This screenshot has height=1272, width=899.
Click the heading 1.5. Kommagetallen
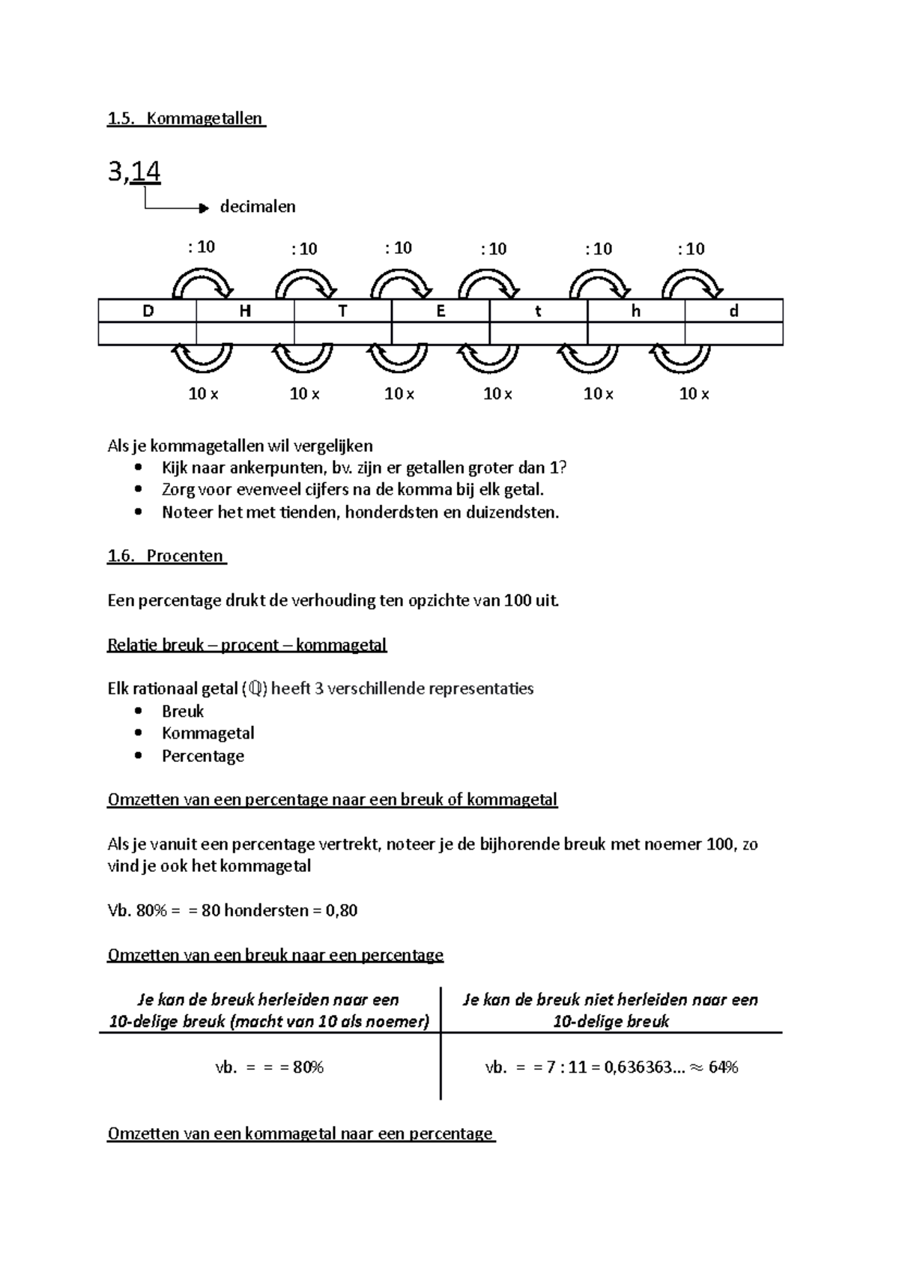point(186,118)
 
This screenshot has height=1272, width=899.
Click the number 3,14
point(134,172)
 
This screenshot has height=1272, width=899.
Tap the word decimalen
point(258,207)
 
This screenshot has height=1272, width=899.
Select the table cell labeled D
point(148,311)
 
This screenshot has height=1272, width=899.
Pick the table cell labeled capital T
point(342,311)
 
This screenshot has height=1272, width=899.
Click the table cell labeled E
point(441,311)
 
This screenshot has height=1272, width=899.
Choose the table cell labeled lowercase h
point(635,311)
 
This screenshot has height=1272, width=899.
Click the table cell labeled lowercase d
point(733,311)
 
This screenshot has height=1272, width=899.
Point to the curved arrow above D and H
point(202,283)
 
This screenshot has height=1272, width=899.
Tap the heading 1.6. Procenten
point(166,556)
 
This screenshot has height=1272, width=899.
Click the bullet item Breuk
point(183,711)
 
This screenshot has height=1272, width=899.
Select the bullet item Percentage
point(203,756)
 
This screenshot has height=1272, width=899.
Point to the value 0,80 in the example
point(341,911)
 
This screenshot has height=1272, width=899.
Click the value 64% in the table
point(722,1067)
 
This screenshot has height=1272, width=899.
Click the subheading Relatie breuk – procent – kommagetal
point(247,645)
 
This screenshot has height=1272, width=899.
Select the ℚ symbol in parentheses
point(256,689)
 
